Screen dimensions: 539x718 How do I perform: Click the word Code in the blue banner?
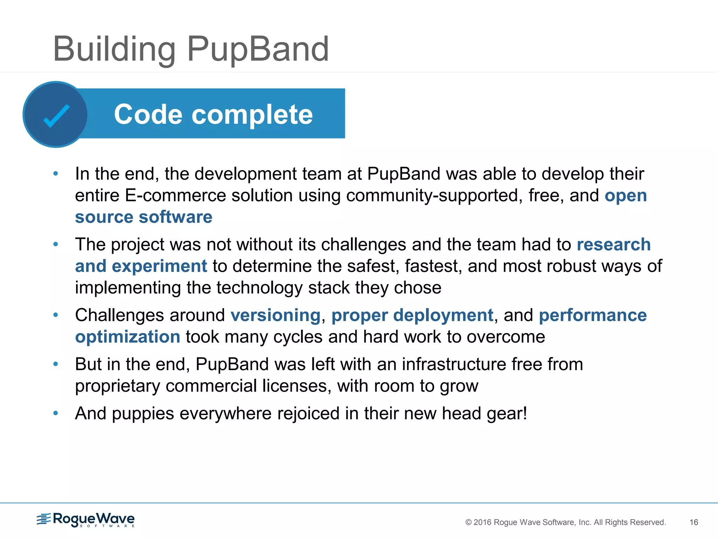[x=148, y=114]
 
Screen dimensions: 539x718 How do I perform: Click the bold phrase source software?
[x=143, y=217]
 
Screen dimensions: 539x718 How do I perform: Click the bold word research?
[x=614, y=244]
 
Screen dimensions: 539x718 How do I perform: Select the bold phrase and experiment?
[x=141, y=266]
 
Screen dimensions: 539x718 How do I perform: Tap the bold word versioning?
[x=275, y=315]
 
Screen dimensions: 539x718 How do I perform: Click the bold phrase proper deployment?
[x=412, y=315]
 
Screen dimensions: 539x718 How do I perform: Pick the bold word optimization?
[x=128, y=337]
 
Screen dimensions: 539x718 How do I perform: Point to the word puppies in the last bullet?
[x=143, y=413]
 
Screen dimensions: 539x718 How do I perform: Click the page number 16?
[x=693, y=522]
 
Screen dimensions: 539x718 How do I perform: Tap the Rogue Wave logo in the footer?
[x=86, y=519]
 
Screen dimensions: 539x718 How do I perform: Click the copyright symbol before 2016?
[x=468, y=522]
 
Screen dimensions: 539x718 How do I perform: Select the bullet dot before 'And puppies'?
[x=55, y=413]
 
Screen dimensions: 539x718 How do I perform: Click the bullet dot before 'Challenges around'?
[x=55, y=315]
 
